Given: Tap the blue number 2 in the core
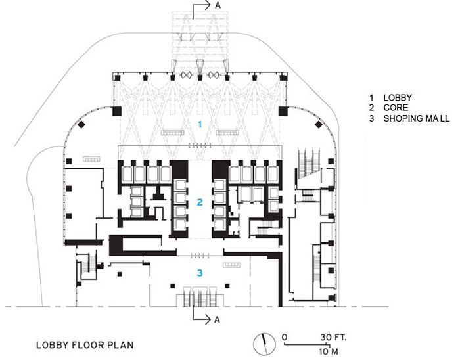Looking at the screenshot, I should pyautogui.click(x=200, y=202).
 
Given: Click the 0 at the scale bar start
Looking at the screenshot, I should pyautogui.click(x=284, y=337).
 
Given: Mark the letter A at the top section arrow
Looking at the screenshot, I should pyautogui.click(x=217, y=5).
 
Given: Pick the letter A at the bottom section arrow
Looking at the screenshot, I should pyautogui.click(x=218, y=320).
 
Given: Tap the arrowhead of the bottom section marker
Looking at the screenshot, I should pyautogui.click(x=206, y=320).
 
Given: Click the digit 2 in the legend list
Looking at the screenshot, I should pyautogui.click(x=371, y=108).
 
